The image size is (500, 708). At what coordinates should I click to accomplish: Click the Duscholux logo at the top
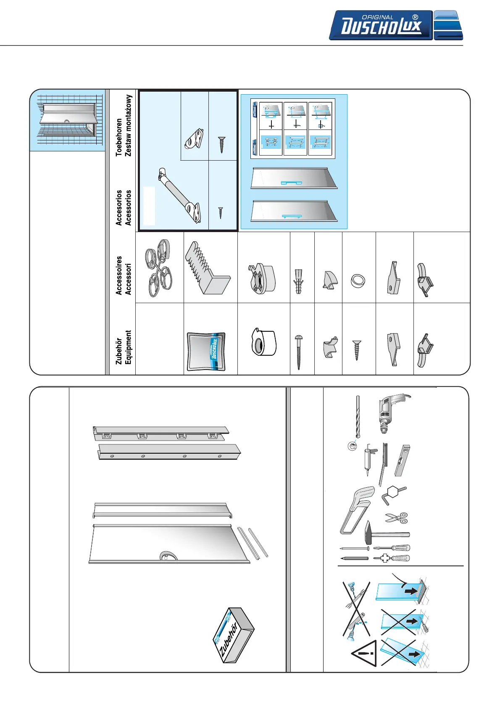395,25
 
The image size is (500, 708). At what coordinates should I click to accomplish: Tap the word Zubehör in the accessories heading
119,351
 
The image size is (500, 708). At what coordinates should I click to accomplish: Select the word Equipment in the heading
128,347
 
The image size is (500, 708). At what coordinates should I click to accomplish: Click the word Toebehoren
119,137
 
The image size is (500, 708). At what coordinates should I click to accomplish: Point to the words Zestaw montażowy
128,125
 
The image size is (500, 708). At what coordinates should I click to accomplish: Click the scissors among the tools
397,518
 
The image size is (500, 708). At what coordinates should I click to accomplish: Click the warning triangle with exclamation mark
365,654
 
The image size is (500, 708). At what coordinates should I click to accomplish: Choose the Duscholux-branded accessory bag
206,352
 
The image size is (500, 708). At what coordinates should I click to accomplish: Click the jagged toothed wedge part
208,268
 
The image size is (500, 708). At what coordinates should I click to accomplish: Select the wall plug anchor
299,281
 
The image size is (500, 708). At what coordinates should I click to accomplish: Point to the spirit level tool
402,461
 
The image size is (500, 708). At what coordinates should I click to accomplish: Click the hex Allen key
393,494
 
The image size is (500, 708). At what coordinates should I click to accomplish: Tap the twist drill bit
358,416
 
